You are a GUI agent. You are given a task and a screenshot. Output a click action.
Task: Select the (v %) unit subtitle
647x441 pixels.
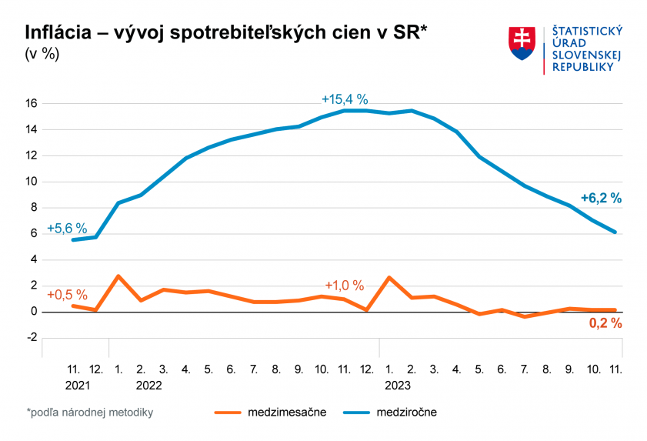tap(42, 55)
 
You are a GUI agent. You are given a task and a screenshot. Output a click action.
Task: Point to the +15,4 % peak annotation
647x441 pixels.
tap(345, 99)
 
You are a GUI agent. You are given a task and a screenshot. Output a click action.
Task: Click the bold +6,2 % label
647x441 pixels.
tap(601, 198)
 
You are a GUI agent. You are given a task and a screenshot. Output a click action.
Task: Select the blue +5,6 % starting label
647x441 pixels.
tap(67, 229)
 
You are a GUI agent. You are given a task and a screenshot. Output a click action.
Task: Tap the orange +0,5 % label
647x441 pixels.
tap(67, 295)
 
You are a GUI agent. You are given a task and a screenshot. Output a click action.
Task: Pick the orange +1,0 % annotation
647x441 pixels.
tap(344, 286)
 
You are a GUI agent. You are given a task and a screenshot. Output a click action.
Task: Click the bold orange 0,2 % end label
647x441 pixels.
tap(605, 323)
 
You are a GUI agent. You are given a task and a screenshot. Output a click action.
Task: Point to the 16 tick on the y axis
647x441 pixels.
tap(32, 103)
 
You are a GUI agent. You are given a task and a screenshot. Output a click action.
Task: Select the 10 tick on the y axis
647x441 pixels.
tap(32, 182)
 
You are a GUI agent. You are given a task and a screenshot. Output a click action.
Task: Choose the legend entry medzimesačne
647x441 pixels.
tap(287, 413)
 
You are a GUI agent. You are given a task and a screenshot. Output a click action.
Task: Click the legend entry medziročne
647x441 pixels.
tap(406, 413)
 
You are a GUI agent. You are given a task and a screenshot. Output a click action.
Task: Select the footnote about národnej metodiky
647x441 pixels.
tap(89, 413)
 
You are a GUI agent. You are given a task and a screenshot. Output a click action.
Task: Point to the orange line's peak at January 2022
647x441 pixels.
tap(118, 276)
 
